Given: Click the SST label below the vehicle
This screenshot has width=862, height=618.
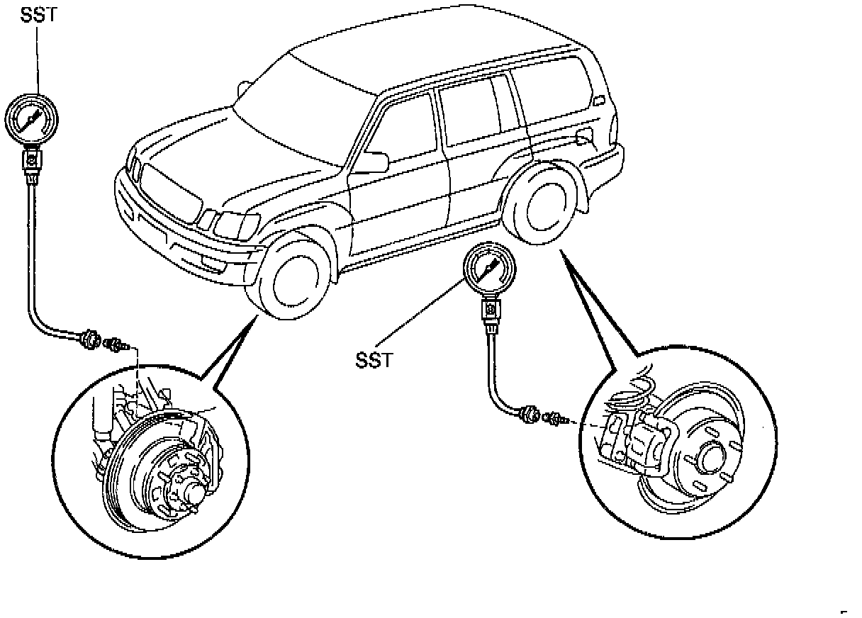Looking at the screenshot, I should coord(373,360).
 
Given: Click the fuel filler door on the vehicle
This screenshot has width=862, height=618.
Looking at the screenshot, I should coord(586,136).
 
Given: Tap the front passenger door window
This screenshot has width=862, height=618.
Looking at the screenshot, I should coord(401,131).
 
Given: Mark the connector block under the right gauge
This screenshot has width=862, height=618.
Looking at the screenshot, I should coord(489,308).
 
